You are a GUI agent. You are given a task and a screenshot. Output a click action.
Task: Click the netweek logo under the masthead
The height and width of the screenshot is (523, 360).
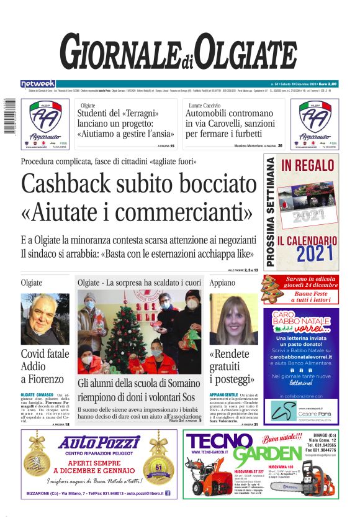click(x=38, y=84)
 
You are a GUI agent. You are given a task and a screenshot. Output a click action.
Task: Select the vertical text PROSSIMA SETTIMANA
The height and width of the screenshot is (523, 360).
click(x=271, y=212)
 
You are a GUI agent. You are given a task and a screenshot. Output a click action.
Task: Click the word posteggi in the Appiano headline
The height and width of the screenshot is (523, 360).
click(x=233, y=378)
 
